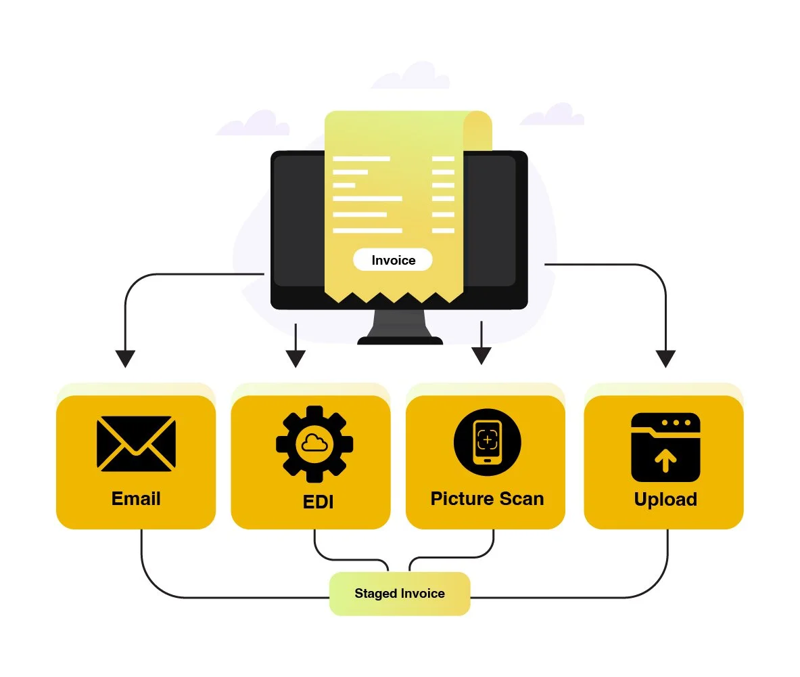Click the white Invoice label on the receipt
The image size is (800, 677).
point(392,260)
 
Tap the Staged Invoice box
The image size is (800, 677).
point(400,594)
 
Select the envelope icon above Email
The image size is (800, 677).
point(136,443)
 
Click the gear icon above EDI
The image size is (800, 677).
point(314,443)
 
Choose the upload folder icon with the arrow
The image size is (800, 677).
point(665,447)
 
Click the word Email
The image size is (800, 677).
point(136,499)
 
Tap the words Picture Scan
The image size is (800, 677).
point(487,499)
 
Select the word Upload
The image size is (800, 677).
point(665,500)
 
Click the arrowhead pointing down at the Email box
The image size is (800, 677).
point(125,358)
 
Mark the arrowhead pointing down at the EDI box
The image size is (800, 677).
point(296,358)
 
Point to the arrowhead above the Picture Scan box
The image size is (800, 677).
point(481,355)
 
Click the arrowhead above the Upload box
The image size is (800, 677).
point(666,358)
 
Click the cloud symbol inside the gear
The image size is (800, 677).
point(314,443)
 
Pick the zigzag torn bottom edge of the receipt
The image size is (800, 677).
point(394,297)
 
